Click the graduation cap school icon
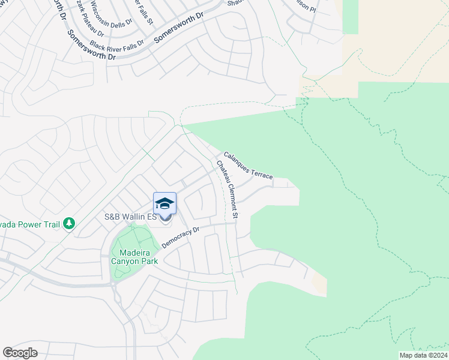click(165, 204)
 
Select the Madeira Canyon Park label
click(134, 257)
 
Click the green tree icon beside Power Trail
click(70, 223)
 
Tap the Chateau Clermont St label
click(228, 189)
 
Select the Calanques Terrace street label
click(248, 165)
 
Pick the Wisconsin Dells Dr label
click(112, 17)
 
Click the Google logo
click(20, 353)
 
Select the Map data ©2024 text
click(423, 355)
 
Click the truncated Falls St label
click(146, 11)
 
